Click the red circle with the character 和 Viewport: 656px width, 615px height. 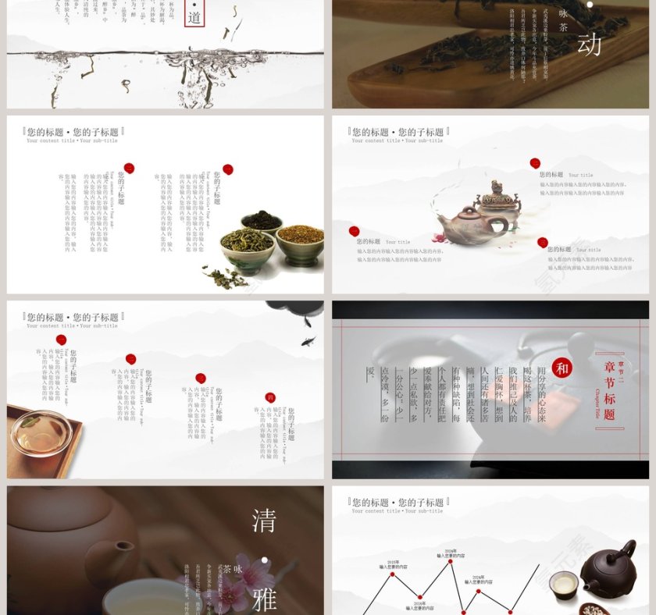(562, 368)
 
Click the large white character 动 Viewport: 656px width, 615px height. (589, 44)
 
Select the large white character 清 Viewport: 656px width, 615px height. (264, 521)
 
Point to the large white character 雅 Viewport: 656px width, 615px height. (264, 599)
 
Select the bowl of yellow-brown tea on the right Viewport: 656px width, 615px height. (300, 239)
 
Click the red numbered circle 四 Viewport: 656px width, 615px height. (270, 397)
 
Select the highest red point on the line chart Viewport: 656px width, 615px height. (451, 560)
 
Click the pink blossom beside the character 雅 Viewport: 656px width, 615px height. (234, 593)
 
